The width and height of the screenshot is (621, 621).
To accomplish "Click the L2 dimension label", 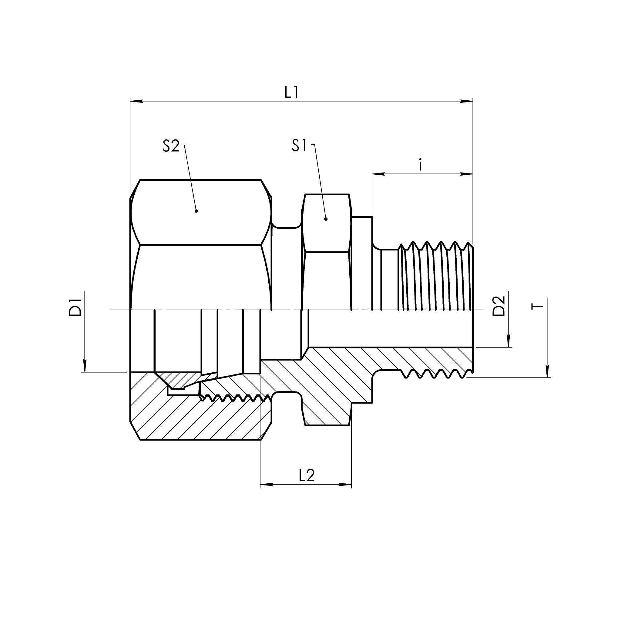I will (307, 475).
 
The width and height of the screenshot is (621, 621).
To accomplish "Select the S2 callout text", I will (171, 146).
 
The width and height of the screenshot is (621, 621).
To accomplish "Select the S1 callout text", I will (299, 146).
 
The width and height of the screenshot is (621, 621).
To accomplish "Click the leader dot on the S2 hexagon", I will (196, 211).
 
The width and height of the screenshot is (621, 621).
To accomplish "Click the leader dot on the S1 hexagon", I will (326, 219).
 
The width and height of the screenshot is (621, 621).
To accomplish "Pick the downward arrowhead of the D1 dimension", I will (85, 366).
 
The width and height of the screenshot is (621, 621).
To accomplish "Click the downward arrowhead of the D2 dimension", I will (509, 341).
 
